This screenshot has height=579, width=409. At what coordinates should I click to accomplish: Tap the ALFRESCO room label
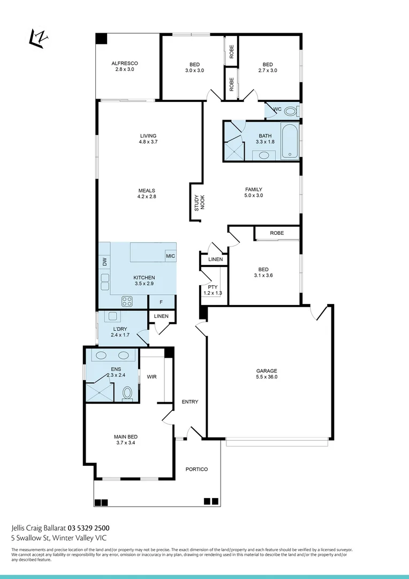(125, 63)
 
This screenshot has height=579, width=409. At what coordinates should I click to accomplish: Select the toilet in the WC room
(290, 111)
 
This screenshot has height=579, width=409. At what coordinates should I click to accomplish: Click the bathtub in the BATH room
(290, 142)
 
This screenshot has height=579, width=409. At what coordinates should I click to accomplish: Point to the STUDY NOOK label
(199, 202)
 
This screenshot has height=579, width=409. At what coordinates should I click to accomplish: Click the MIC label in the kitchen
(170, 257)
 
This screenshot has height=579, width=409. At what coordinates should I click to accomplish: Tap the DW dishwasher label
(104, 262)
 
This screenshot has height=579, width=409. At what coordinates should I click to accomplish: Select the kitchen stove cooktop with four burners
(127, 301)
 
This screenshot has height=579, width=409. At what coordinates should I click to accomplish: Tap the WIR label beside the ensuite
(152, 377)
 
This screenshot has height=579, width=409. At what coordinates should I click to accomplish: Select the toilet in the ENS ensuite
(127, 394)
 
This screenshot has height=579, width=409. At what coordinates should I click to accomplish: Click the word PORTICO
(196, 469)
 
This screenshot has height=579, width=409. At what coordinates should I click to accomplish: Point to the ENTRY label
(190, 402)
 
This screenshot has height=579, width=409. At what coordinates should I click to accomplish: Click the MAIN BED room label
(125, 436)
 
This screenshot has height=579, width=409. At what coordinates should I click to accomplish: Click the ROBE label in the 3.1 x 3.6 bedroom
(277, 233)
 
